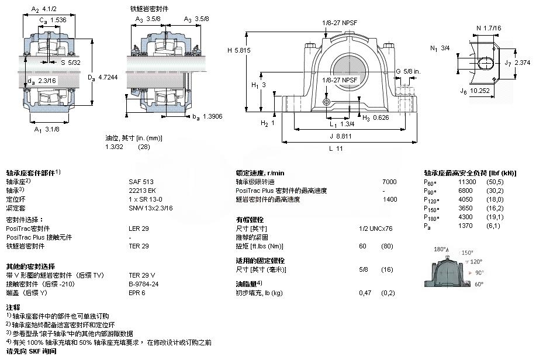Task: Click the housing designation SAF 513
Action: tap(138, 182)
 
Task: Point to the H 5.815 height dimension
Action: tap(238, 50)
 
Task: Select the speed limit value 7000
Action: tap(389, 182)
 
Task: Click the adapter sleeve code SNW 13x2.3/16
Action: tap(150, 207)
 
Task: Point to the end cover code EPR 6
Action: tap(137, 293)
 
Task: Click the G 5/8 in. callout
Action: tap(407, 71)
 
